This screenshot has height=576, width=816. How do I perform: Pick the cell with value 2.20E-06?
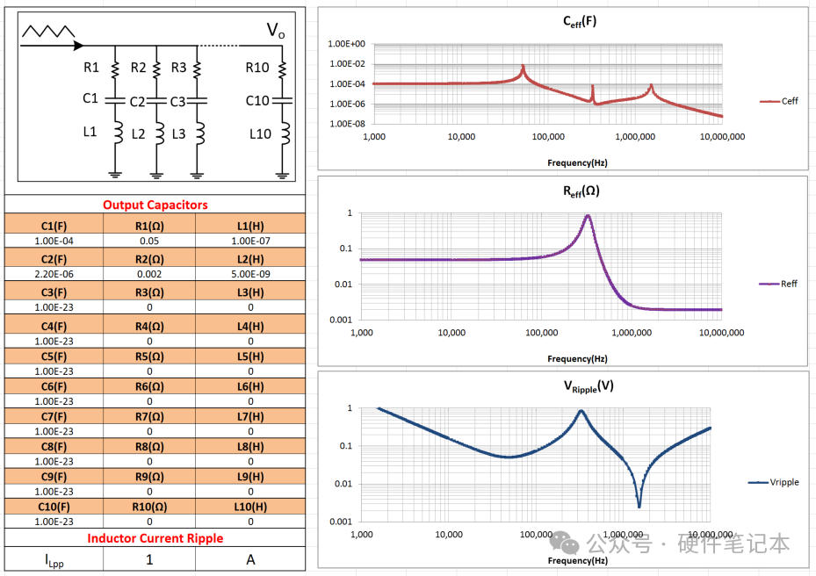(54, 274)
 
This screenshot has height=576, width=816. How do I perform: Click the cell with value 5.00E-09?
(250, 274)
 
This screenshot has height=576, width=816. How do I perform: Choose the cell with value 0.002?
(150, 274)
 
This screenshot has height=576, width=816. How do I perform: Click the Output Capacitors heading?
(155, 205)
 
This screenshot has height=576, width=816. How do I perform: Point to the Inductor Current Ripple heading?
(155, 537)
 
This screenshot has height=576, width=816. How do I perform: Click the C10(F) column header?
(54, 507)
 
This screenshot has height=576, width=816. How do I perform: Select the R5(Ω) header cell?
(150, 356)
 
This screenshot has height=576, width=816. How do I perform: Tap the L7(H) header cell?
(250, 416)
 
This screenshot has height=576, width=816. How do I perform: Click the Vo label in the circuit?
(275, 32)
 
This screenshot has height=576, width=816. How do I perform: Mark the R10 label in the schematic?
(257, 68)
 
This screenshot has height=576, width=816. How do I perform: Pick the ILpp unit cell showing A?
(250, 559)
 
